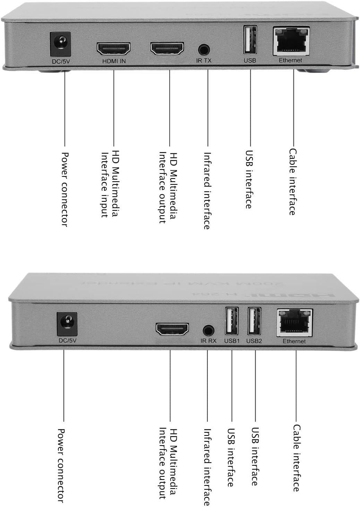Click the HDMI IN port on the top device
pos(113,49)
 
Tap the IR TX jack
pos(204,49)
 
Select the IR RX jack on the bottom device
pos(208,330)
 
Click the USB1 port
pos(232,321)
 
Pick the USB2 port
pos(254,321)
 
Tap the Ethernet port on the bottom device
pos(294,323)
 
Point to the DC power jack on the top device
pos(60,44)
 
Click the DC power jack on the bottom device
pos(67,324)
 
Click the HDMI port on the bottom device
pos(172,329)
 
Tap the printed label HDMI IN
pos(114,61)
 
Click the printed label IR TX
pos(204,61)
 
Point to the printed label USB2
pos(254,341)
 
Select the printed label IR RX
pos(208,341)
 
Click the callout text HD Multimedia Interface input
pos(109,184)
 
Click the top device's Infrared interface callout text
pos(207,191)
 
